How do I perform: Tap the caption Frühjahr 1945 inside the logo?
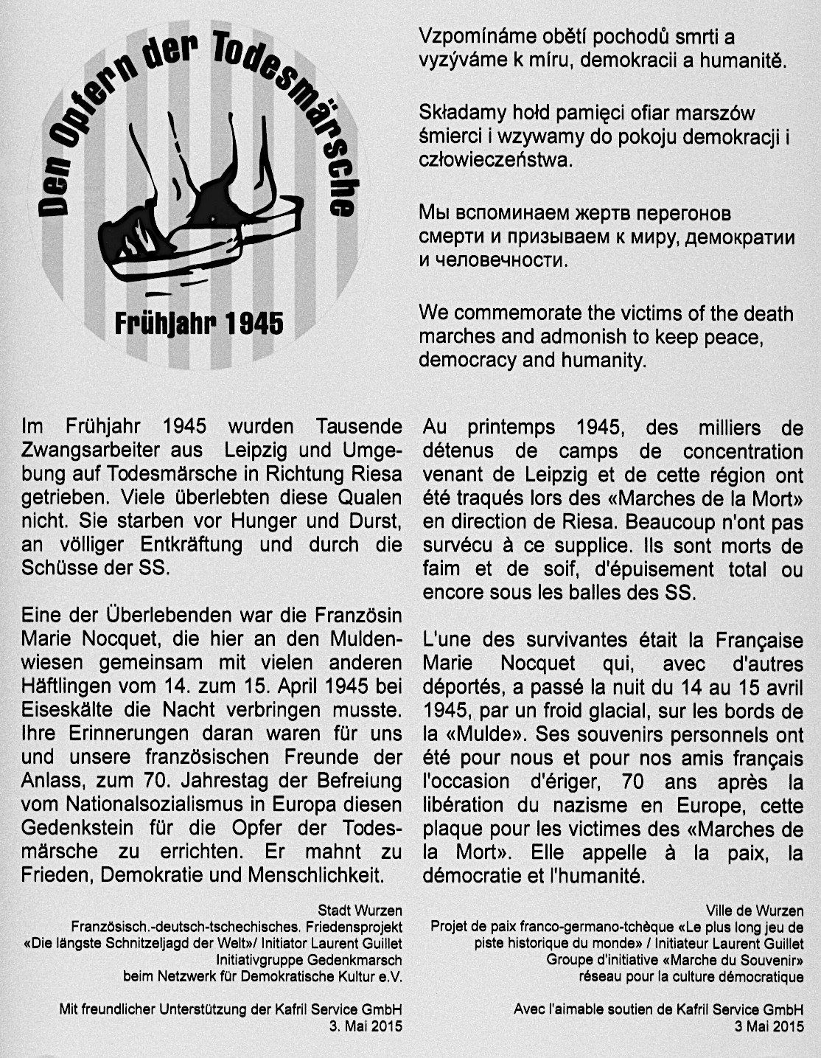(x=199, y=323)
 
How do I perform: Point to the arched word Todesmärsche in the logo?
(x=295, y=111)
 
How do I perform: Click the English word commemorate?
(x=523, y=313)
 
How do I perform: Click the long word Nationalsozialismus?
(x=143, y=804)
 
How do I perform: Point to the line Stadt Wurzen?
(x=360, y=910)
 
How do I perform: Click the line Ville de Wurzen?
(x=755, y=910)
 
